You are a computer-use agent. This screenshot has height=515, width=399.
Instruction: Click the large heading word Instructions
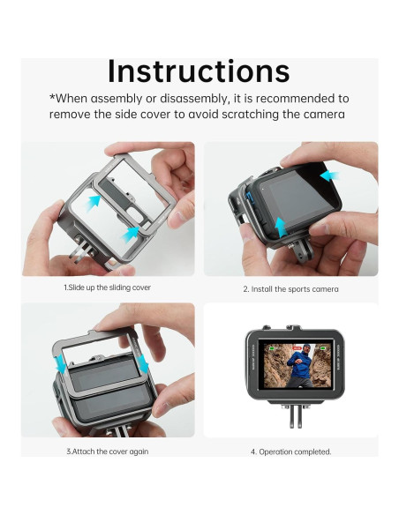199,71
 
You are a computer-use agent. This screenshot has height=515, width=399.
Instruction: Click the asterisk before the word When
52,97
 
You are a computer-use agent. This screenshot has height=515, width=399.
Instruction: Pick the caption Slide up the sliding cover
107,287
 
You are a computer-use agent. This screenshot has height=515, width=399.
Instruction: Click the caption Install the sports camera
290,289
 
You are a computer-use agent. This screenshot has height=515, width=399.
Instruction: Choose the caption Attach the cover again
107,452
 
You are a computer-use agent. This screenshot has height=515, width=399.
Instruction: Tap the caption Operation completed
291,452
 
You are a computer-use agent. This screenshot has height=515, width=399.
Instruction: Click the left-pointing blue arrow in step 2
329,176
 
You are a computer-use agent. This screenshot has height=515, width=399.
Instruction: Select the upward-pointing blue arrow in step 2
281,227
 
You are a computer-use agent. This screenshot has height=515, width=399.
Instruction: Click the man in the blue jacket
299,366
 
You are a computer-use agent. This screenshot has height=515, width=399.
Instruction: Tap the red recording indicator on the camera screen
297,347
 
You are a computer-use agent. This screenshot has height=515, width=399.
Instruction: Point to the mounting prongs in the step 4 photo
296,416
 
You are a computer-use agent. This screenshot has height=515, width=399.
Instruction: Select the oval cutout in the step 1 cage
136,215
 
